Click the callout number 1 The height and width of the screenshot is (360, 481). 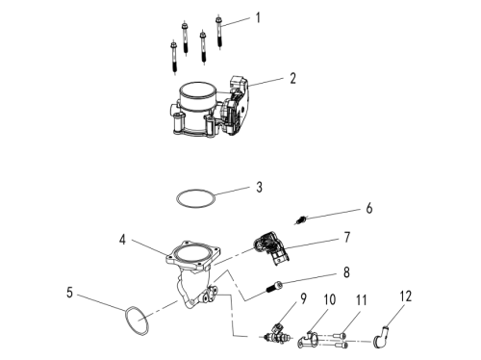(x=258, y=17)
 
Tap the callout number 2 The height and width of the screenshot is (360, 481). (x=292, y=78)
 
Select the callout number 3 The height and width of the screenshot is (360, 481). (x=259, y=187)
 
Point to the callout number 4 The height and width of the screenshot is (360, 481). (x=122, y=240)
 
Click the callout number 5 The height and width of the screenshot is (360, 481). (x=70, y=293)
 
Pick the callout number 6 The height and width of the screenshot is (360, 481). (x=369, y=208)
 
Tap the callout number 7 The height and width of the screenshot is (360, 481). (x=347, y=238)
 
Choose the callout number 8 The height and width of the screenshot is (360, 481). (x=346, y=272)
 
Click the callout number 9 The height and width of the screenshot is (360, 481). (x=303, y=298)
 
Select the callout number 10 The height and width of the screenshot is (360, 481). (x=329, y=299)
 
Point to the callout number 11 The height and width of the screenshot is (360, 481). (x=362, y=300)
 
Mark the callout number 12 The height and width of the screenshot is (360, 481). (x=405, y=296)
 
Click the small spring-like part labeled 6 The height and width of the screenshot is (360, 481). (x=301, y=220)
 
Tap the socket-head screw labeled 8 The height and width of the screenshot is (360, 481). (x=274, y=287)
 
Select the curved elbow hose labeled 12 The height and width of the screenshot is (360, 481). (x=381, y=336)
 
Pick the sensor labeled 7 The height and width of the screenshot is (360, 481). (x=272, y=247)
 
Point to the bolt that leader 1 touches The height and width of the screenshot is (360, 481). (x=219, y=32)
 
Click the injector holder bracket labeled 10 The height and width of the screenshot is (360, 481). (x=309, y=340)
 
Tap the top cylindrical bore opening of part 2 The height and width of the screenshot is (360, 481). (x=198, y=90)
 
